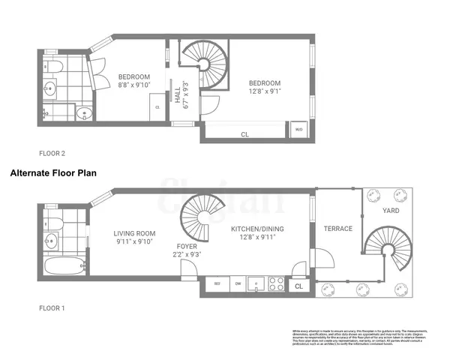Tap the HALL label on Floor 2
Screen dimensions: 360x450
178,97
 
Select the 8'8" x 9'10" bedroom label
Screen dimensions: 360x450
134,81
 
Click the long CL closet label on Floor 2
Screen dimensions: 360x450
244,134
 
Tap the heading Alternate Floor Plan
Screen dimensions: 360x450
53,172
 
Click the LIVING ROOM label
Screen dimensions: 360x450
134,236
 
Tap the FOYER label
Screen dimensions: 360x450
187,250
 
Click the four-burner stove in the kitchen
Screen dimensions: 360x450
276,285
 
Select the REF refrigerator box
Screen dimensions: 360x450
217,285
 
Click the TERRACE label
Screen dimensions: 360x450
337,228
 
